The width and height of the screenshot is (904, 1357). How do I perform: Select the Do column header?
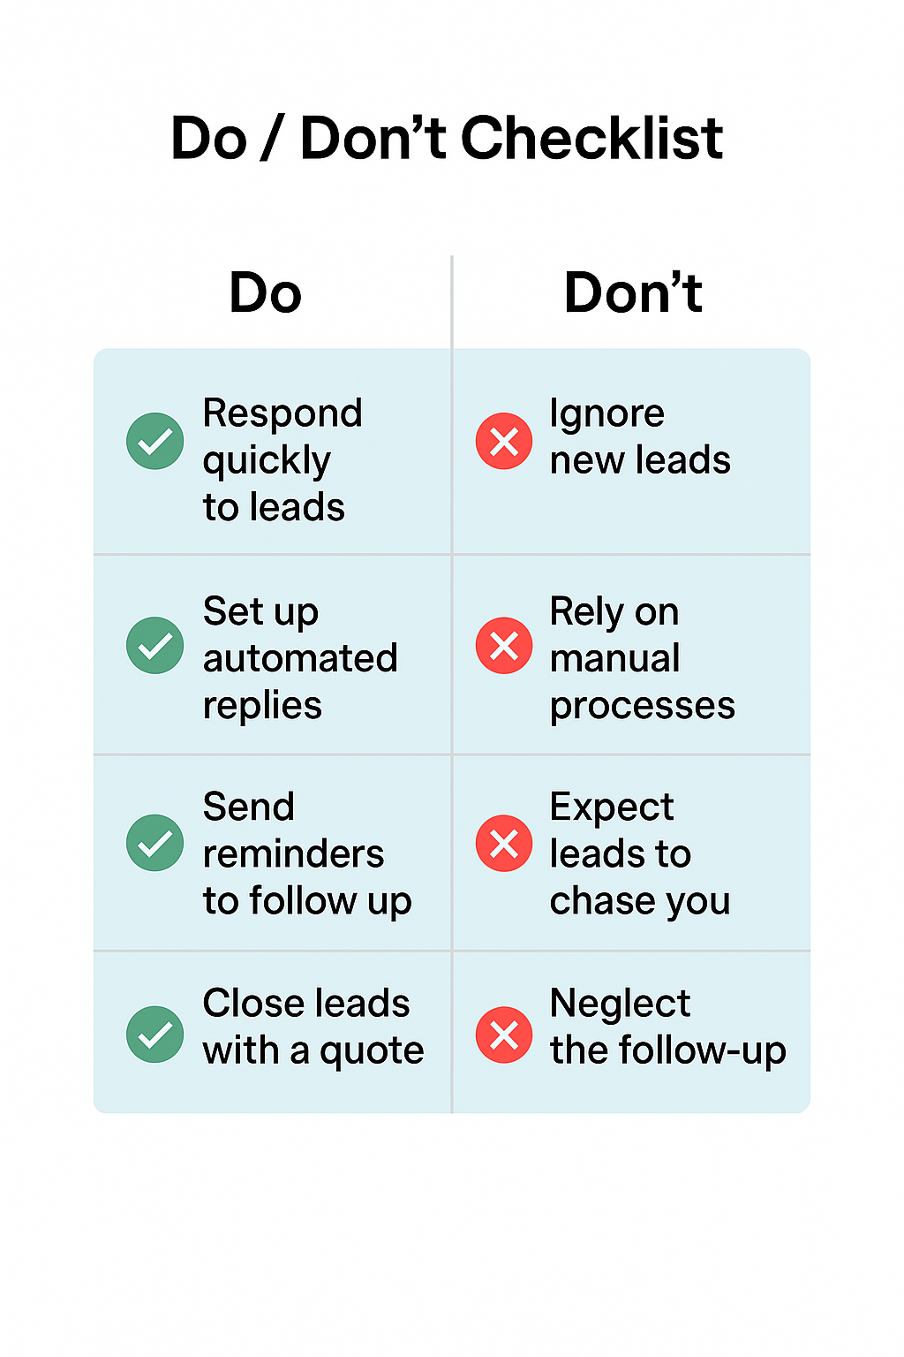[265, 293]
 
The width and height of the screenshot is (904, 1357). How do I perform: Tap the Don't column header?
[633, 293]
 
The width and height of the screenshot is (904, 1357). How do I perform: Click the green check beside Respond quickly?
[155, 441]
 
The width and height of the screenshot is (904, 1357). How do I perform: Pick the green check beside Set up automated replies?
[155, 645]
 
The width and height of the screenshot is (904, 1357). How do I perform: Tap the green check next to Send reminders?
[155, 842]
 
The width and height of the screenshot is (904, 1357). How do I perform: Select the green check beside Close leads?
[155, 1034]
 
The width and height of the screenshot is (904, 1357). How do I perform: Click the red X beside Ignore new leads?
[504, 441]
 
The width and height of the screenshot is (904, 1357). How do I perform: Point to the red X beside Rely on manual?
[504, 645]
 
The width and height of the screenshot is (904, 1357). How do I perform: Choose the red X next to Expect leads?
[504, 843]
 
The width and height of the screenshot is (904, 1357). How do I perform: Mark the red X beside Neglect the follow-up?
[504, 1035]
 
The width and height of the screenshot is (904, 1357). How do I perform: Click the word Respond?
[282, 413]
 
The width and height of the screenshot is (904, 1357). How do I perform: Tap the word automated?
[300, 658]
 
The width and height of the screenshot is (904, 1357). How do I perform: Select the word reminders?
[293, 854]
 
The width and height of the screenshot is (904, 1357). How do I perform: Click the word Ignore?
[606, 413]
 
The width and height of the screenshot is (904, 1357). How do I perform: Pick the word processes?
[642, 706]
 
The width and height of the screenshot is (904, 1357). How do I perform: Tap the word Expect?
[611, 807]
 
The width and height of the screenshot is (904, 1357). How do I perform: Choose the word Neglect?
[620, 1004]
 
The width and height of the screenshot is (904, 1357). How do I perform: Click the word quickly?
[267, 461]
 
